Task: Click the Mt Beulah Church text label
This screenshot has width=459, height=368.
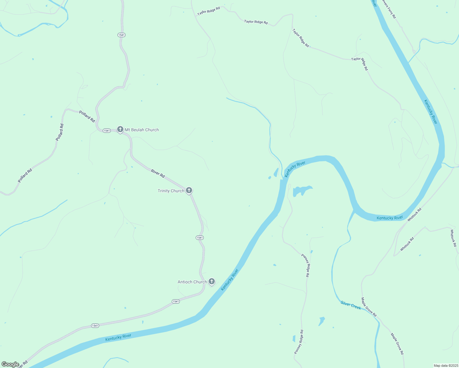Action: tap(142, 130)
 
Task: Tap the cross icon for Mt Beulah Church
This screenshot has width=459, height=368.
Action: tap(120, 129)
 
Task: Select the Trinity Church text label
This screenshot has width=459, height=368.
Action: tap(171, 191)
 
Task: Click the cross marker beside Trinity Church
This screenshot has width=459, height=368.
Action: tap(189, 190)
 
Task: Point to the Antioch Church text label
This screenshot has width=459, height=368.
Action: tap(192, 282)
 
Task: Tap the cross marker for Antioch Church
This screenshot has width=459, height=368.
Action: tap(211, 281)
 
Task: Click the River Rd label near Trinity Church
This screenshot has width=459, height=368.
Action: tap(158, 174)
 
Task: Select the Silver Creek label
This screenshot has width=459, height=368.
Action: tap(351, 305)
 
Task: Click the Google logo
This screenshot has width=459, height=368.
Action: tap(10, 364)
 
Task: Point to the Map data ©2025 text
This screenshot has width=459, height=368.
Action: tap(445, 366)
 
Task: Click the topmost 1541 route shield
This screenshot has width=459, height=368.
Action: tap(121, 35)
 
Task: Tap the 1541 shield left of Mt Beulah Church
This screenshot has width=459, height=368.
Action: tap(106, 131)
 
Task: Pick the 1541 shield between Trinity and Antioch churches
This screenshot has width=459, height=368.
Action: tap(199, 238)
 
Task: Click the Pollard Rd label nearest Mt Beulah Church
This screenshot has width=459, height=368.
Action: tap(87, 117)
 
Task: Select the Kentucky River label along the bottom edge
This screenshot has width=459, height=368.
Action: tap(118, 337)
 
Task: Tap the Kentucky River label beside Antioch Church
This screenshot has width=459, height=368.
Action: tap(229, 280)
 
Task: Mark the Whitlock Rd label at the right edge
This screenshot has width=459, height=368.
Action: tap(453, 238)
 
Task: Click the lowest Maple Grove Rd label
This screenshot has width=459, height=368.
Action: tap(397, 344)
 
